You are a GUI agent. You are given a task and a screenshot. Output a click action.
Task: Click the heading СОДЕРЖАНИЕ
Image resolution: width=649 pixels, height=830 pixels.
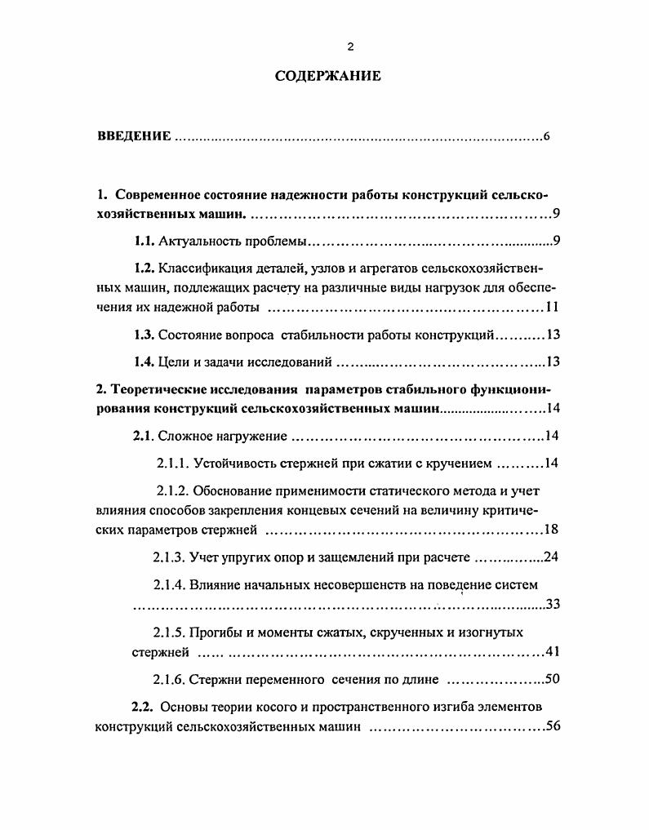328,78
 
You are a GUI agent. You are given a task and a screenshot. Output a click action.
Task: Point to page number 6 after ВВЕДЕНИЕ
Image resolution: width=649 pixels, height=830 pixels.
546,136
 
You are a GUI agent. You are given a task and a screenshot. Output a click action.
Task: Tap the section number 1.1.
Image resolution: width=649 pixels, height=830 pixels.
144,242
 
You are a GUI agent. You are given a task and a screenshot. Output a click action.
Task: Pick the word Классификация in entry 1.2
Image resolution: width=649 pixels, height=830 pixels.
202,269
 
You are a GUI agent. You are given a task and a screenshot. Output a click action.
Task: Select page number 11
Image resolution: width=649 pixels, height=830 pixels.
551,308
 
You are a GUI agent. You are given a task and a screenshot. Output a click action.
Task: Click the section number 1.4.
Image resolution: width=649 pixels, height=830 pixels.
144,362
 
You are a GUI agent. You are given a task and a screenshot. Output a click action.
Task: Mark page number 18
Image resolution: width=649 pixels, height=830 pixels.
551,530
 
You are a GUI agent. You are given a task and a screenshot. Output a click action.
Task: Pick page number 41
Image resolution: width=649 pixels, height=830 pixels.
551,652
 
